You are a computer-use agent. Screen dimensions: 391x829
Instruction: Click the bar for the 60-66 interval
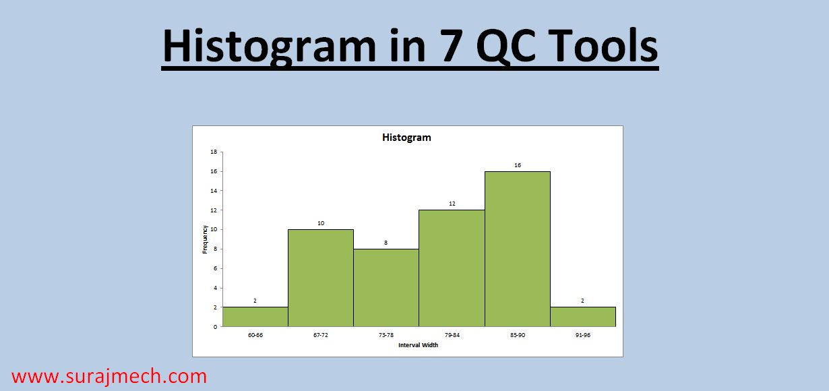(255, 317)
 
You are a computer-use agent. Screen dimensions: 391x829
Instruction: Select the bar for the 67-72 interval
(321, 278)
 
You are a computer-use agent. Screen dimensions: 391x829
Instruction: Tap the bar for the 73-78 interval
(386, 288)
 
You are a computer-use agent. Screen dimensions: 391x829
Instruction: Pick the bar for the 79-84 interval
(452, 268)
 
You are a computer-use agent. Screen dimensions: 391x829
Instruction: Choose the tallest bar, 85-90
(517, 249)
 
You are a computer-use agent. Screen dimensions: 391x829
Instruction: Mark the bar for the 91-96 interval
(583, 317)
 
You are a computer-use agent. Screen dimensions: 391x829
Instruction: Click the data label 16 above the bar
(517, 165)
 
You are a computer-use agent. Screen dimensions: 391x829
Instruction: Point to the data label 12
(452, 204)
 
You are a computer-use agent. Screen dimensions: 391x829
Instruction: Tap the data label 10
(321, 223)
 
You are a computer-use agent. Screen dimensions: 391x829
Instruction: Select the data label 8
(386, 243)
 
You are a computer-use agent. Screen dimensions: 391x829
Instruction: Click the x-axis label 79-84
(452, 335)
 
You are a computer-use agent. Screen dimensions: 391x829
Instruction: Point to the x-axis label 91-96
(583, 335)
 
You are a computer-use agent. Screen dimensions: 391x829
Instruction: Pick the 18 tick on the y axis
(214, 152)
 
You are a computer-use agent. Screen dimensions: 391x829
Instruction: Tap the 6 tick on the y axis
(215, 268)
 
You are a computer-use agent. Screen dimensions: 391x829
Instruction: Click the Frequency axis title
(205, 239)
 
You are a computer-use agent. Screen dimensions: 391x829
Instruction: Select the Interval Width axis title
(418, 345)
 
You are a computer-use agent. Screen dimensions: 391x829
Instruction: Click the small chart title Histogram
(406, 138)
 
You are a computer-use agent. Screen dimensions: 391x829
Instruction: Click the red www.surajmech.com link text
(109, 376)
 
